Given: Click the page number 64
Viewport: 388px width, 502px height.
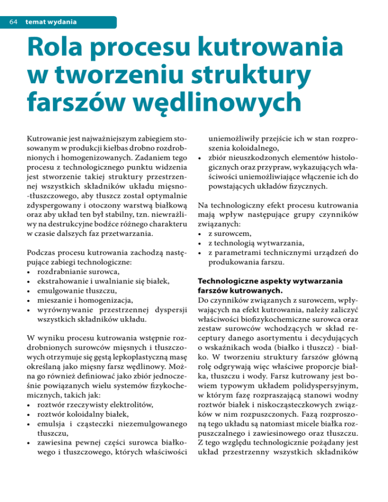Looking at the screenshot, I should tap(11, 22).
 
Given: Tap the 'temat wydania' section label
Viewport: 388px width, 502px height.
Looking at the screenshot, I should tap(49, 22).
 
